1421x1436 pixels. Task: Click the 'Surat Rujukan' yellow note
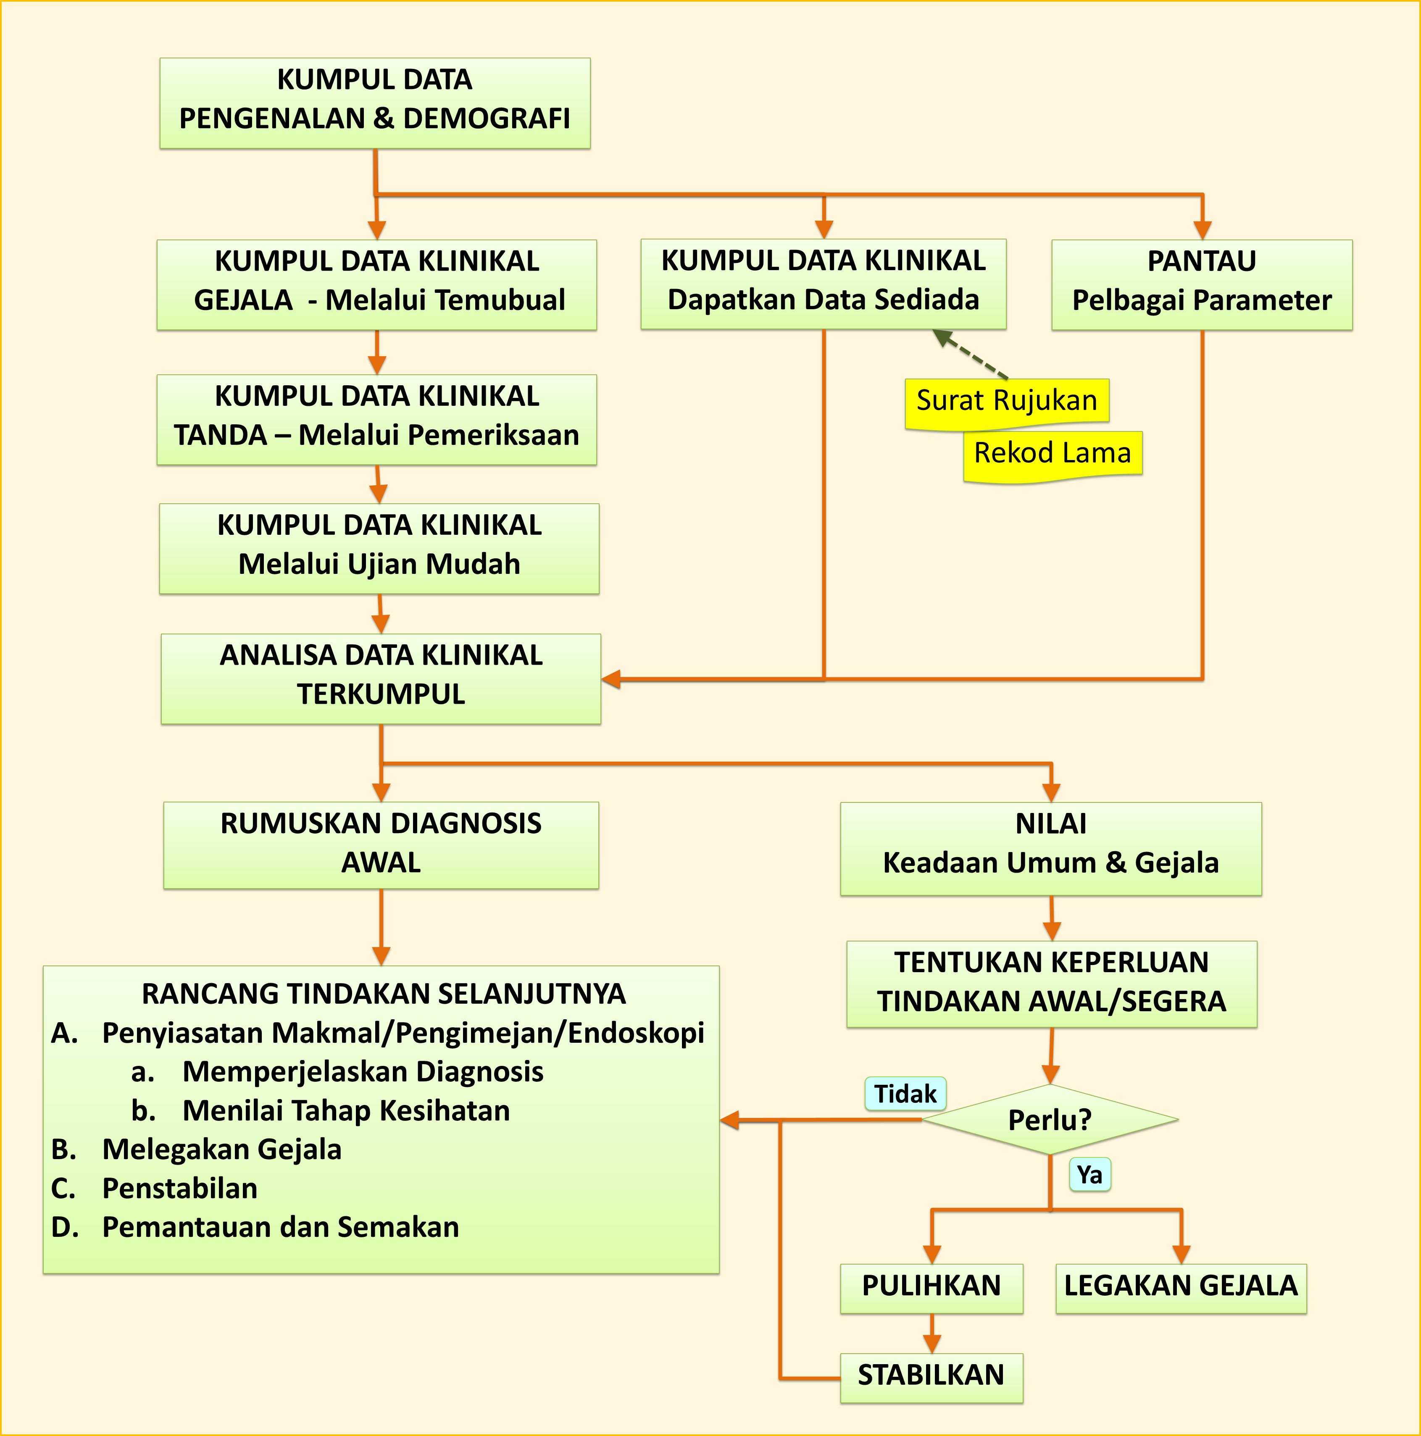1006,401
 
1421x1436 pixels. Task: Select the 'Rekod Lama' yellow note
1053,453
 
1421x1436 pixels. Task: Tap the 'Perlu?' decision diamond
1050,1119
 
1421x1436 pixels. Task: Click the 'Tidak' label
905,1094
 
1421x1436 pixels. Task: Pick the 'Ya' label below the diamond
1089,1175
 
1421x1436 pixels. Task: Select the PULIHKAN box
931,1286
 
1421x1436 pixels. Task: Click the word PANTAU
1202,262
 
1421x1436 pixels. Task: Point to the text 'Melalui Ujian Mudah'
379,564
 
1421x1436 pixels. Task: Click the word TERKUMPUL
381,694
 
